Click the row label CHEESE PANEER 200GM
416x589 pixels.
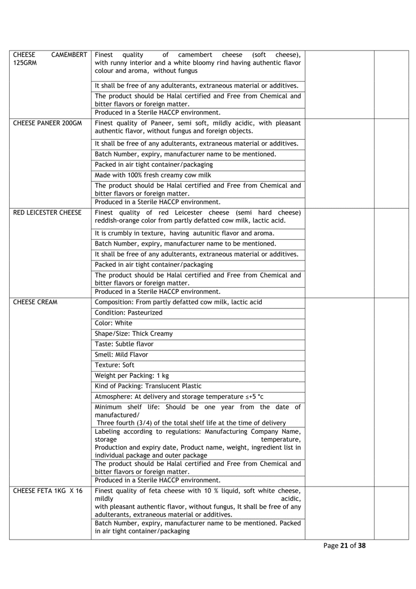47,123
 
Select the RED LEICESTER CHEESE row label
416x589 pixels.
47,213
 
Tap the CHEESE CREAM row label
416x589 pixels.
35,302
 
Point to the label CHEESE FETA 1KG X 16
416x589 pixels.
48,491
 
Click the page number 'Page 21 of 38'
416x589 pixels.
345,546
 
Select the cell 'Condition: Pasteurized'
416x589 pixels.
129,312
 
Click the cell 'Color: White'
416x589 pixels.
113,323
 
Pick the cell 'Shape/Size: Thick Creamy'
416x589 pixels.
133,334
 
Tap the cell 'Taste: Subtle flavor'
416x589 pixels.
124,344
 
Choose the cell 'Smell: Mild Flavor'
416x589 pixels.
121,354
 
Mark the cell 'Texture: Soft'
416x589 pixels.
115,365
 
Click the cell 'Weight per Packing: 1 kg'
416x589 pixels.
132,376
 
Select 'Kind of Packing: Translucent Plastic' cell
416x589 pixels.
148,386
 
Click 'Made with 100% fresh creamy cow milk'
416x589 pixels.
153,175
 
